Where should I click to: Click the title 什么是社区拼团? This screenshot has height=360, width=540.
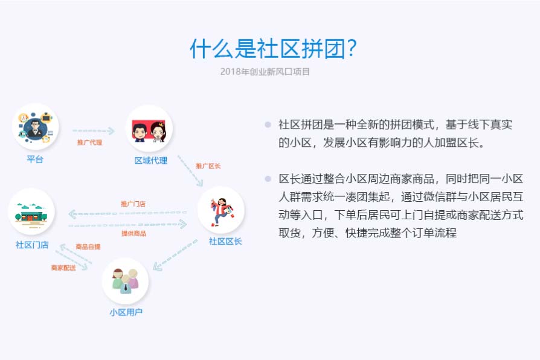273,48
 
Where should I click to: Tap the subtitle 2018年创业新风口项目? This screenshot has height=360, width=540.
265,72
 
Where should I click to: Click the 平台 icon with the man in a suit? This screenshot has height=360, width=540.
36,126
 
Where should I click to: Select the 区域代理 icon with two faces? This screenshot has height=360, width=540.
149,129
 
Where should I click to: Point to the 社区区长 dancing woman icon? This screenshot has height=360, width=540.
221,210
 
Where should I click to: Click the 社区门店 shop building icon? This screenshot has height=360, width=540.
31,212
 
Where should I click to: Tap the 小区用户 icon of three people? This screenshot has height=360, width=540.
126,281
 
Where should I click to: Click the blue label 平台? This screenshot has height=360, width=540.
35,159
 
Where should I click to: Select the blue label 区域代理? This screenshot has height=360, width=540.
151,161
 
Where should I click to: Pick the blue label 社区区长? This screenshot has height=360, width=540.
225,242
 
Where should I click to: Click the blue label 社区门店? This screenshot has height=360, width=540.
32,245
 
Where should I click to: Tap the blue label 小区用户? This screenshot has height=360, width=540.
126,312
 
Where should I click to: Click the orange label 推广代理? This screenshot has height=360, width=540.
89,143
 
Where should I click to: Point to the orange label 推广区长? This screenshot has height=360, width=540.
208,166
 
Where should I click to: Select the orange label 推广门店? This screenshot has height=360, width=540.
133,204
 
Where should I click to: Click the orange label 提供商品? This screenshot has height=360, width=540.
133,234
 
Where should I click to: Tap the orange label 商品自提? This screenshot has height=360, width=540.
88,246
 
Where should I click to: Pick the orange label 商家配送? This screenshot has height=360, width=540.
63,268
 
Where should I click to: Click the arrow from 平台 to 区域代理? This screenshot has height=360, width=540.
94,131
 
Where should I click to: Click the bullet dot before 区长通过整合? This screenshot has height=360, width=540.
268,178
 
